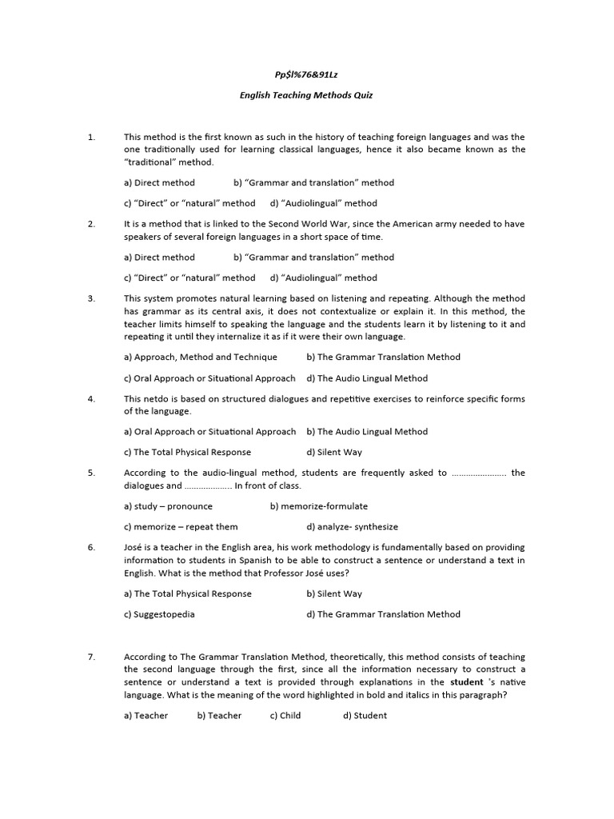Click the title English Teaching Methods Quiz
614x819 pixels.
click(307, 95)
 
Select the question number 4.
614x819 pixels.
click(91, 398)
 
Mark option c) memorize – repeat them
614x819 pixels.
click(181, 527)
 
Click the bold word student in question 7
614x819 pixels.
click(467, 682)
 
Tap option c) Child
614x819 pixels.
click(285, 716)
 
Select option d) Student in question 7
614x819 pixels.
click(365, 716)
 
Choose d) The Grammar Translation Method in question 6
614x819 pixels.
click(384, 614)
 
